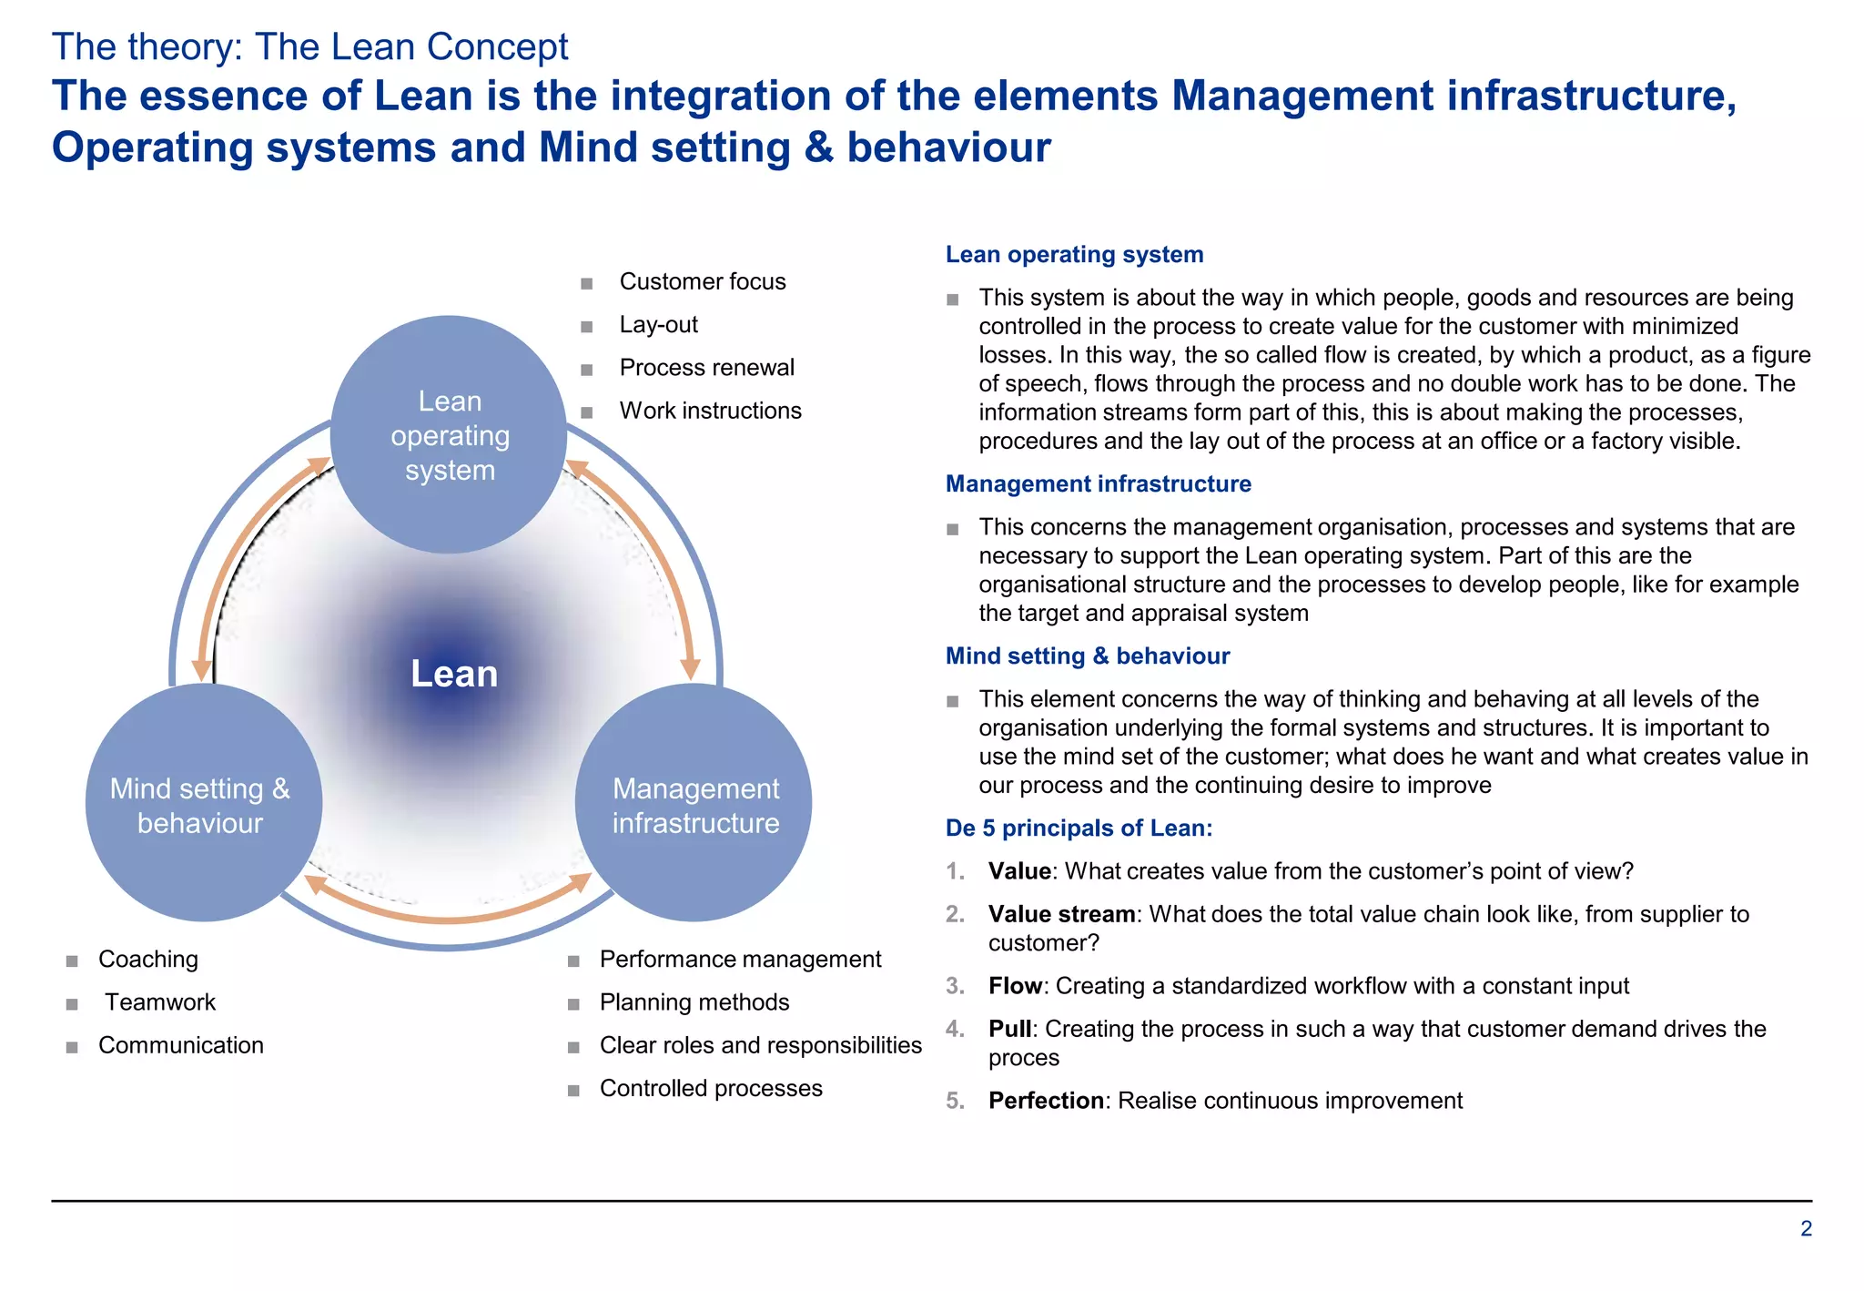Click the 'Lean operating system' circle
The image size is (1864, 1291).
point(449,435)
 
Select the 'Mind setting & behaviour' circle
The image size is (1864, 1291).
point(202,804)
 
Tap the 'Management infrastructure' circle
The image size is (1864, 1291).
point(694,804)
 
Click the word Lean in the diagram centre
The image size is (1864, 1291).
point(454,674)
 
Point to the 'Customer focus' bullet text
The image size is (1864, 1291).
point(702,281)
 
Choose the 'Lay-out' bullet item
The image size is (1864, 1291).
point(658,324)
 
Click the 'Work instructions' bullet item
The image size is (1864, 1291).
point(710,411)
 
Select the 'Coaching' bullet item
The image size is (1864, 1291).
point(147,959)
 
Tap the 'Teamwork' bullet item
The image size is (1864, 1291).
point(160,1001)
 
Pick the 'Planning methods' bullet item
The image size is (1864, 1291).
point(694,1001)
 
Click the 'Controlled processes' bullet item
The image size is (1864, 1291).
point(710,1088)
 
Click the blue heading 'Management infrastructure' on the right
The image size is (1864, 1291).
point(1098,483)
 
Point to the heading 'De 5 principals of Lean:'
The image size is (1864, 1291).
point(1079,828)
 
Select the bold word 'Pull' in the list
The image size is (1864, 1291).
point(1009,1029)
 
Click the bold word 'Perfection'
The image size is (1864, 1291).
point(1046,1101)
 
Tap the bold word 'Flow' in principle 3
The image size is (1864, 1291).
point(1014,986)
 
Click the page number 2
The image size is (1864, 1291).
point(1806,1228)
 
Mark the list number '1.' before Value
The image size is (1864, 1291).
point(955,871)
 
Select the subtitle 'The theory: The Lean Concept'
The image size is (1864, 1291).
point(309,46)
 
